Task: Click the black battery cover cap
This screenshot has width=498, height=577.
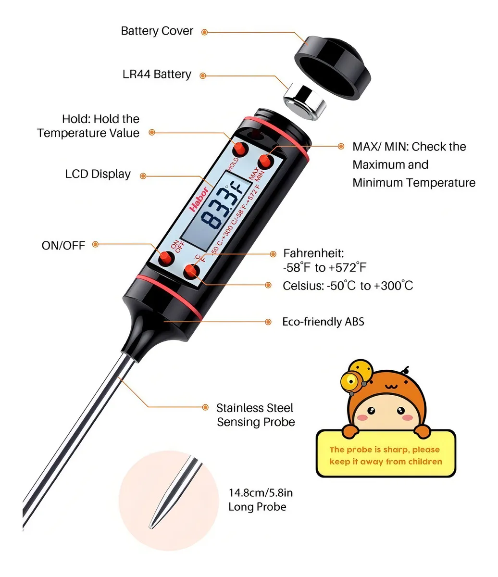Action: pos(332,68)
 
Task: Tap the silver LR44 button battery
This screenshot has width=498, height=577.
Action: pos(305,101)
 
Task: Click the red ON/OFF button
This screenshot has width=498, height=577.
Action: pos(166,258)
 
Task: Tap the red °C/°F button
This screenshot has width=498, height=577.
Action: pos(191,272)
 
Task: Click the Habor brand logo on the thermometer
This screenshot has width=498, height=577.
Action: pos(199,200)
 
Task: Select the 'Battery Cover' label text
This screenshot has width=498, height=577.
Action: pos(157,31)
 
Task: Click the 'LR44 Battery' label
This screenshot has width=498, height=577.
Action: pos(157,74)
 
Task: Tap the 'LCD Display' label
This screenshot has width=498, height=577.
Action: pos(98,174)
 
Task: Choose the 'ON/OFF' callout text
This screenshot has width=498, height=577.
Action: pos(63,246)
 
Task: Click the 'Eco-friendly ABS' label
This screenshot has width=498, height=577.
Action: pos(323,322)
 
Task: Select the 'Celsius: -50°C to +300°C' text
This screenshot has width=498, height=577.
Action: pos(348,286)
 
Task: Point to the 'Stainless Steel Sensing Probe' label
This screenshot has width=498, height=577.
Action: pos(256,415)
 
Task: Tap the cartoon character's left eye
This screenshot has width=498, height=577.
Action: pos(371,411)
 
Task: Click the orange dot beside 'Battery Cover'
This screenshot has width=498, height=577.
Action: pos(204,32)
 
